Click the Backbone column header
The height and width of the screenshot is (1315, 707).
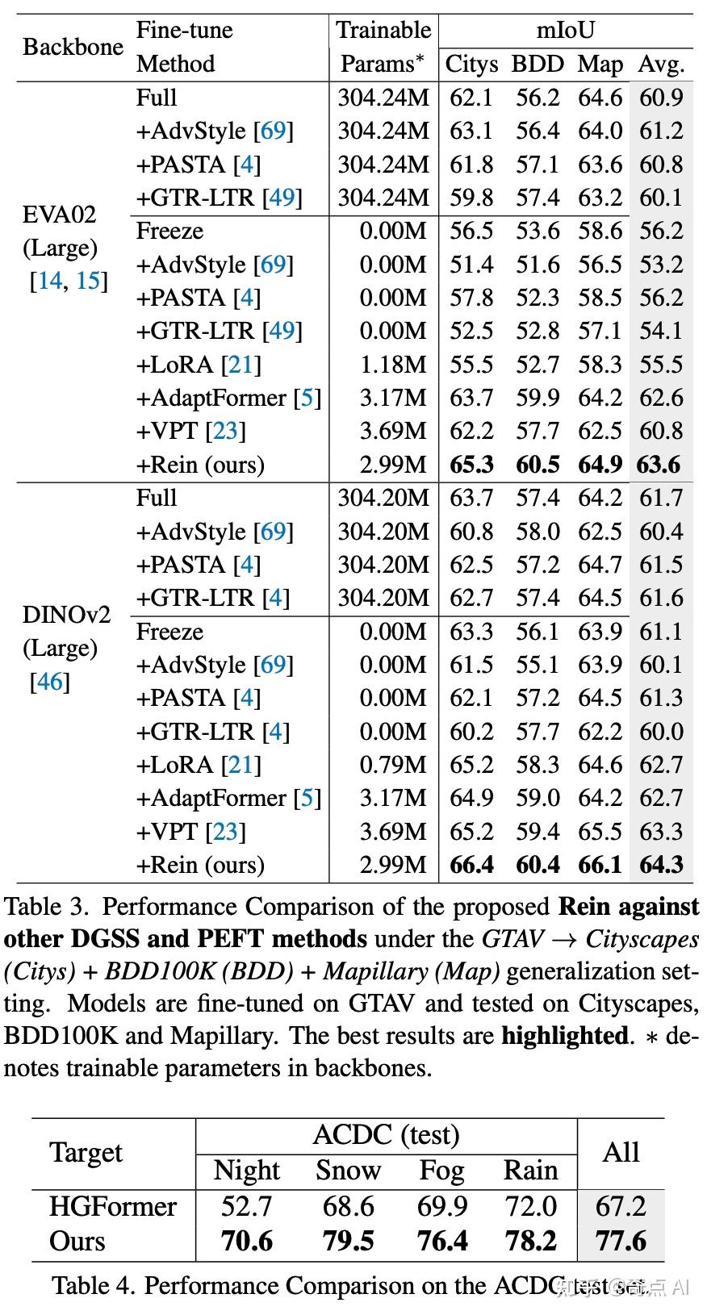[x=73, y=47]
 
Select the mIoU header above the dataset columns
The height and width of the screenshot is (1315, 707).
[x=565, y=30]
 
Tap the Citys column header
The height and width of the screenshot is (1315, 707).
[x=471, y=64]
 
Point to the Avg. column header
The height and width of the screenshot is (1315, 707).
[x=661, y=64]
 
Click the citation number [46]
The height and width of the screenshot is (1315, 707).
[x=50, y=682]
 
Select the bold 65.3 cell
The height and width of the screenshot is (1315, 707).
[x=471, y=465]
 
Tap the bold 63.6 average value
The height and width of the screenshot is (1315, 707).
[x=659, y=465]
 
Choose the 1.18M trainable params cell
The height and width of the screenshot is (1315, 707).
[x=393, y=365]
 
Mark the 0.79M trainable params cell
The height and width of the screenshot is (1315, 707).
[x=393, y=765]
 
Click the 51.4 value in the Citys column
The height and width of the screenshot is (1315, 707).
[x=471, y=265]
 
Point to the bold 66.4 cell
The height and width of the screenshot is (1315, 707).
[x=471, y=865]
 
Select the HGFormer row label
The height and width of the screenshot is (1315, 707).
[x=112, y=1206]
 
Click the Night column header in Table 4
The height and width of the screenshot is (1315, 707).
[x=246, y=1170]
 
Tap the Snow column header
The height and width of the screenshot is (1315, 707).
[x=348, y=1170]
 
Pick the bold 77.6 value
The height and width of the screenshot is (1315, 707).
[x=621, y=1241]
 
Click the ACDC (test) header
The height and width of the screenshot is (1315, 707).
[x=386, y=1135]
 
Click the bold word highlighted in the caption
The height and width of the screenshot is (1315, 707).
[x=564, y=1035]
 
